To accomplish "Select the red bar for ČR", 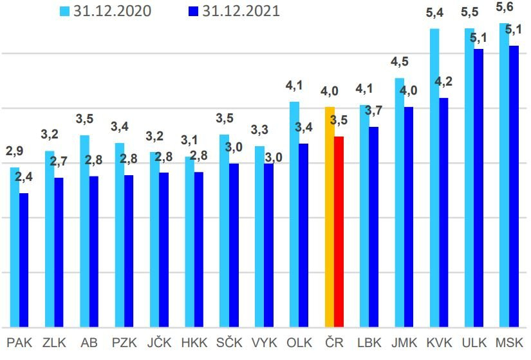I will tap(339, 232).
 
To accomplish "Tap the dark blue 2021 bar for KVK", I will tap(443, 213).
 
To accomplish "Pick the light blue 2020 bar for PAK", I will tap(15, 247).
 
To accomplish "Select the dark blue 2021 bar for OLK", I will tap(304, 235).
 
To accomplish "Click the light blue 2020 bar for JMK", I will tap(400, 202).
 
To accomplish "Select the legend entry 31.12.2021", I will tap(232, 11).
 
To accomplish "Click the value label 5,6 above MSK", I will tap(505, 8).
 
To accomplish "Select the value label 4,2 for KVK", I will tap(443, 81).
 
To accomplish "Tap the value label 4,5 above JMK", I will tap(399, 62).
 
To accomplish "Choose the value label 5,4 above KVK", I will tap(435, 13).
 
